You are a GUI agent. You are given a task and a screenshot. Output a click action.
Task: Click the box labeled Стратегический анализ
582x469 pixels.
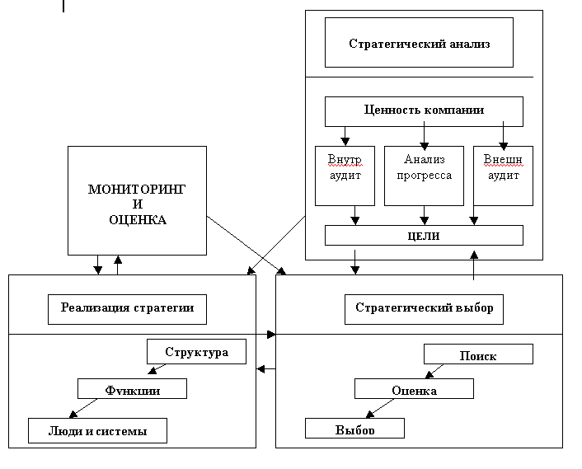[x=419, y=44]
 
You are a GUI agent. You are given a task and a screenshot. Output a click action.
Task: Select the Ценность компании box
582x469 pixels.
[x=424, y=110]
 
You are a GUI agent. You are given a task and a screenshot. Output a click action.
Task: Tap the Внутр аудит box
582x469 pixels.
[x=345, y=176]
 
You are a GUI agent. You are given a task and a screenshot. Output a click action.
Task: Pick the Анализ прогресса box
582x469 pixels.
[x=424, y=176]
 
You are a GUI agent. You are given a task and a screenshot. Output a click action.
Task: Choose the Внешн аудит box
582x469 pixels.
[x=503, y=176]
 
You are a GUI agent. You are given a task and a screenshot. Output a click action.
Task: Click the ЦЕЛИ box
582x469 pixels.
[x=424, y=236]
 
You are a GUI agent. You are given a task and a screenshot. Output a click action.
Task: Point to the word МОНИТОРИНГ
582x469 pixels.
[x=137, y=190]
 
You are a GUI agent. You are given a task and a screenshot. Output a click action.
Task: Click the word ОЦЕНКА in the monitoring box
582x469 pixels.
[x=137, y=220]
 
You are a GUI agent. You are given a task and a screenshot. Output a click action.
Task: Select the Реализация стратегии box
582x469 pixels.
[x=127, y=309]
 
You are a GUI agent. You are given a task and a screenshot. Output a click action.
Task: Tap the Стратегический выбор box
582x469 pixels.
[x=424, y=309]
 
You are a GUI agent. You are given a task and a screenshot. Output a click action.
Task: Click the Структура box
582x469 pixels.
[x=196, y=353]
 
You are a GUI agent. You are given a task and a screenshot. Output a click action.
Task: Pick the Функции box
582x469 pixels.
[x=132, y=388]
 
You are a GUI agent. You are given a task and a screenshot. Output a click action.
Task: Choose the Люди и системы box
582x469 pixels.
[x=97, y=429]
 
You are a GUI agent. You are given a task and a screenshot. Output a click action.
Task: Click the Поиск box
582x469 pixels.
[x=478, y=354]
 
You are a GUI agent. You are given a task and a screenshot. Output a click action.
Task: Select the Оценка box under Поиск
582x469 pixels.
[x=414, y=389]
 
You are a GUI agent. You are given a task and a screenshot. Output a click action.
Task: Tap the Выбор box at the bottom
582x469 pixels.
[x=354, y=429]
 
